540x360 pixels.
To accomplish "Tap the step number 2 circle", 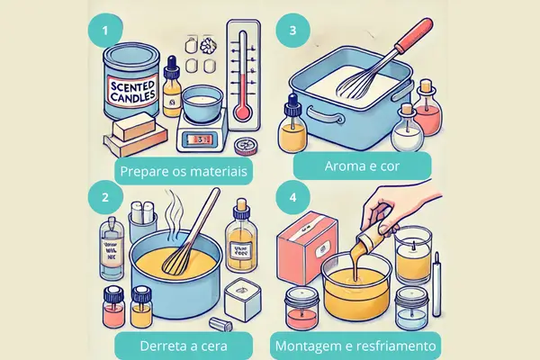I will coord(107,196).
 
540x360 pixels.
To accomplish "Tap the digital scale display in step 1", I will coord(200,139).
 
